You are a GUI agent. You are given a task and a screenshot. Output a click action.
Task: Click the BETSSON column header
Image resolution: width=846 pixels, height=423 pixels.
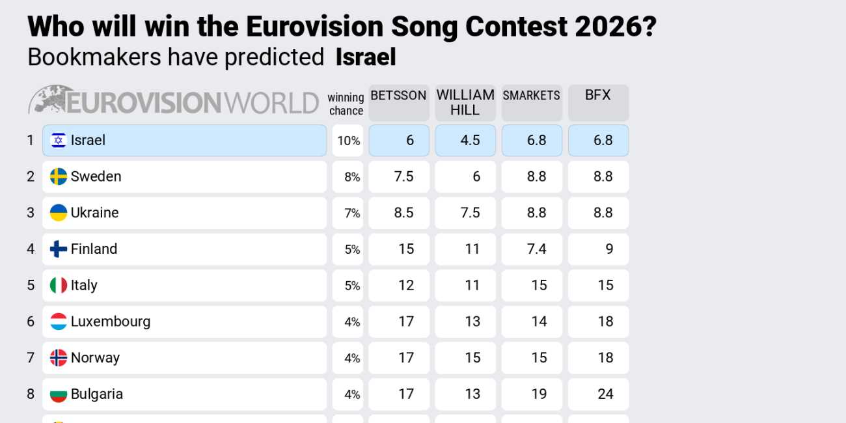[x=398, y=102]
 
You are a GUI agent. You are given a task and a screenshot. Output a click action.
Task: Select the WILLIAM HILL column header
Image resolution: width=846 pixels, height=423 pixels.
[x=465, y=102]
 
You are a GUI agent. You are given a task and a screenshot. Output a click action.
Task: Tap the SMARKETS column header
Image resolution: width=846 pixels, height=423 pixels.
[x=532, y=102]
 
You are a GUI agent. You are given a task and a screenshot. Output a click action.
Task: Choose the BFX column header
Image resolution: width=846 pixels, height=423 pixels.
[x=598, y=102]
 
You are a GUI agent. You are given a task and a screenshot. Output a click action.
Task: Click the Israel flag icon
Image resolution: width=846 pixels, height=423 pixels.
[x=59, y=141]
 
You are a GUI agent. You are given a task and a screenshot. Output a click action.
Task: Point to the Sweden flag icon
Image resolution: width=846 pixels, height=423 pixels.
[x=59, y=176]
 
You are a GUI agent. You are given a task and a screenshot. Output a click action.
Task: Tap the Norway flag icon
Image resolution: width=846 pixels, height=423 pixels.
[x=59, y=358]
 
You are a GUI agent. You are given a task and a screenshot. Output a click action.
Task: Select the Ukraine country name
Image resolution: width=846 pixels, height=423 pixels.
[x=94, y=213]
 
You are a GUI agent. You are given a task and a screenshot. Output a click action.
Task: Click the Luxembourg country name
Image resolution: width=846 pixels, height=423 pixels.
[x=110, y=321]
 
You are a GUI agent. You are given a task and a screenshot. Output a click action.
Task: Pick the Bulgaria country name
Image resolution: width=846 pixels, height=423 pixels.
[x=96, y=394]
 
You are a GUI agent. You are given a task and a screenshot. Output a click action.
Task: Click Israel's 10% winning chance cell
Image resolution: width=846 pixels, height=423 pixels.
[x=348, y=141]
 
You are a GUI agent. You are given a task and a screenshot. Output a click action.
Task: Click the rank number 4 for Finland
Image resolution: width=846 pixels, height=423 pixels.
[x=30, y=249]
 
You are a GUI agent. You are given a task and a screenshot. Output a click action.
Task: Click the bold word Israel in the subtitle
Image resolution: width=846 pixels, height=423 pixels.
[x=366, y=57]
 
